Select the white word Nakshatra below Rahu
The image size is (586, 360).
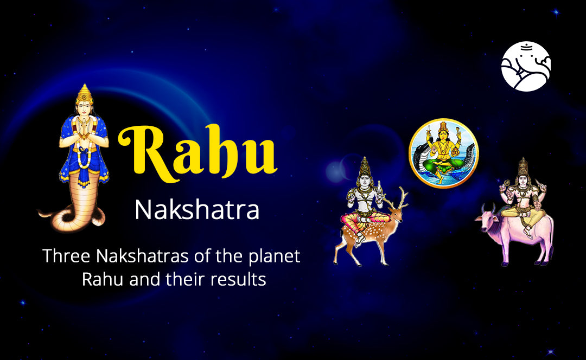196,210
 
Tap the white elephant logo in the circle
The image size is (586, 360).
526,66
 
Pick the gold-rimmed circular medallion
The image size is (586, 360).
443,153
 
